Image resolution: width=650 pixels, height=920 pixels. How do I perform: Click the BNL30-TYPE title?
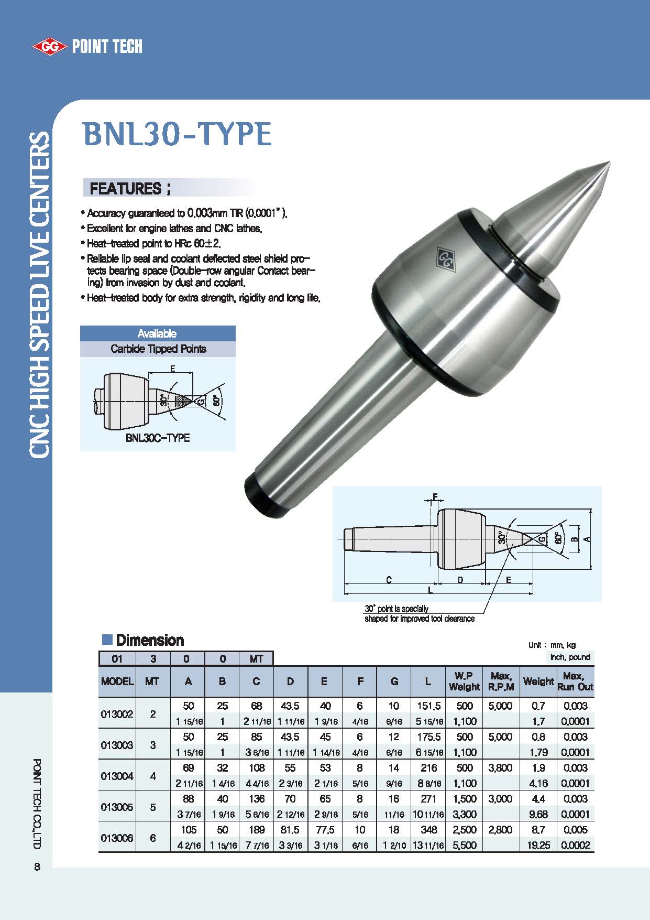(177, 134)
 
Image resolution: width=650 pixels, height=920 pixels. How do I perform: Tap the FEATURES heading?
(130, 188)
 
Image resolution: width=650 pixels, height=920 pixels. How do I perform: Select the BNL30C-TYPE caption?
(158, 438)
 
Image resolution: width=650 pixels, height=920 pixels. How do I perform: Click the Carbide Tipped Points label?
(158, 349)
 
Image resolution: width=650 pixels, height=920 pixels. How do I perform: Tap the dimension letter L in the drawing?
(430, 590)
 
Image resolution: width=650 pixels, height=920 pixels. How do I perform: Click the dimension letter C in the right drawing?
(389, 580)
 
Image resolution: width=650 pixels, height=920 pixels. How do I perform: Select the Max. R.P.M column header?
(501, 681)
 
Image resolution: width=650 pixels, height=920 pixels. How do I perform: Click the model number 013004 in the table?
(117, 776)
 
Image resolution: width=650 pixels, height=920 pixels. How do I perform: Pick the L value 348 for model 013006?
(428, 830)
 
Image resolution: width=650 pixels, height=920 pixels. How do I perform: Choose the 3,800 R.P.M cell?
(500, 768)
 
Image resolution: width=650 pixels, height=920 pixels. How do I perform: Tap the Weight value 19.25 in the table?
(538, 845)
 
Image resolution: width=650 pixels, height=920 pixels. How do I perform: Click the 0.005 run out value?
(575, 830)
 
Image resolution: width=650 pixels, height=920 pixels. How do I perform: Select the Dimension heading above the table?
(149, 640)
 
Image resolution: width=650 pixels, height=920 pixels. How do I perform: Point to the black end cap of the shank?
(267, 495)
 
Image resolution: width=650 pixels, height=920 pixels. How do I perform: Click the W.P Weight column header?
(464, 681)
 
